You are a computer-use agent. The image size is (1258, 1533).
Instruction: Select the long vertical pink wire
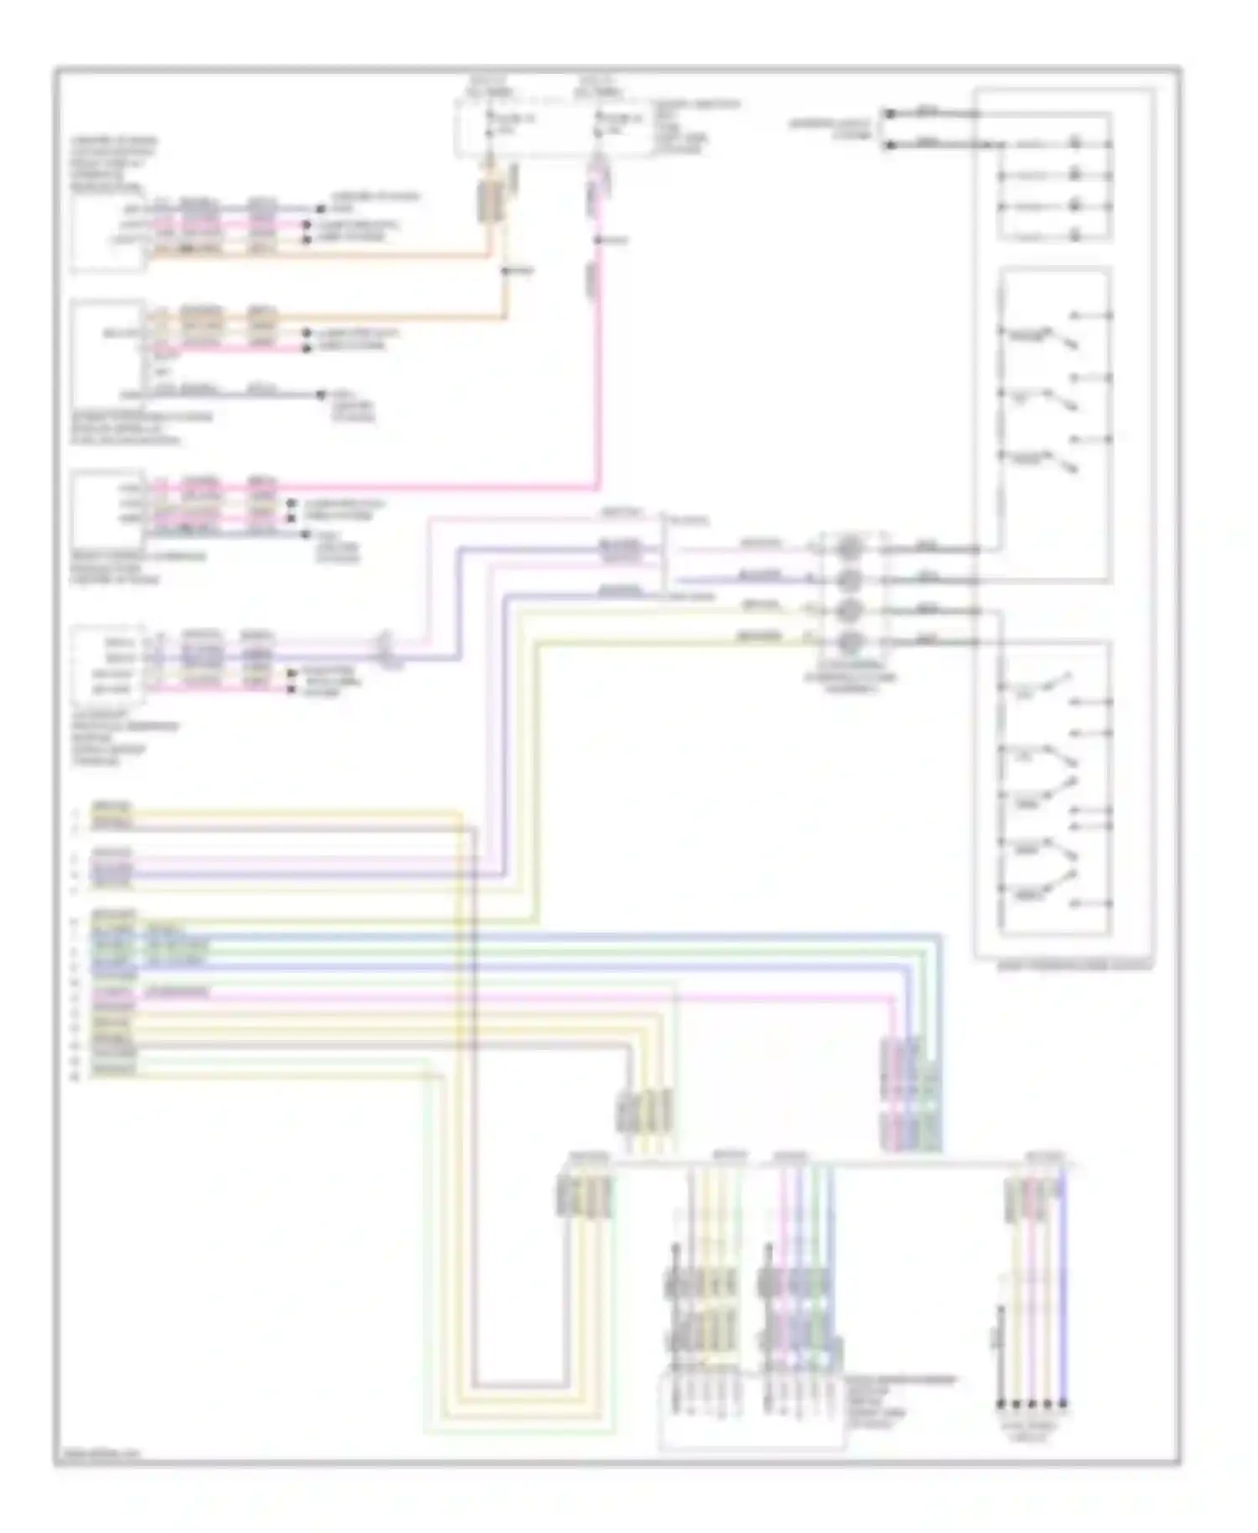coord(598,377)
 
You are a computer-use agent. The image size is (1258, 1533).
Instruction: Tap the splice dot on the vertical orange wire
coord(506,271)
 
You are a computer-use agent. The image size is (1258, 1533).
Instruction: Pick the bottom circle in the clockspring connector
coord(850,643)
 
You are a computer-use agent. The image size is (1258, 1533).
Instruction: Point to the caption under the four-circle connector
coord(850,677)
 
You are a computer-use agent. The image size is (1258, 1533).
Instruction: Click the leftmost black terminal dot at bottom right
coord(1000,1404)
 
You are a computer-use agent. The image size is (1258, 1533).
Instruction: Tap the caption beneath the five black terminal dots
coord(1032,1431)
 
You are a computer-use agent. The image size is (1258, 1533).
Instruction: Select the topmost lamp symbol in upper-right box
coord(1076,143)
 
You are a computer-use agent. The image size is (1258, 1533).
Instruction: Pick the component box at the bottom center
coord(751,1410)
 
